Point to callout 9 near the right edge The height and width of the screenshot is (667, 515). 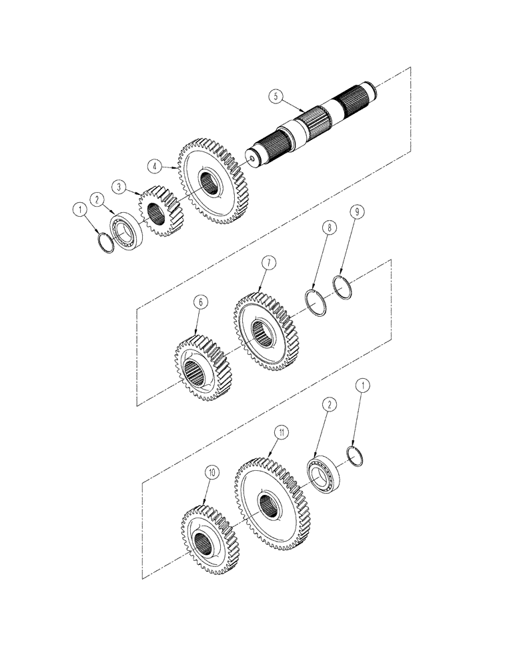point(357,211)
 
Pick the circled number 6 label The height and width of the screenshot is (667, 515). point(199,302)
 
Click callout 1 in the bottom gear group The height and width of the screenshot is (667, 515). point(360,384)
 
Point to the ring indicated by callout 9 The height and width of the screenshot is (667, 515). point(342,291)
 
